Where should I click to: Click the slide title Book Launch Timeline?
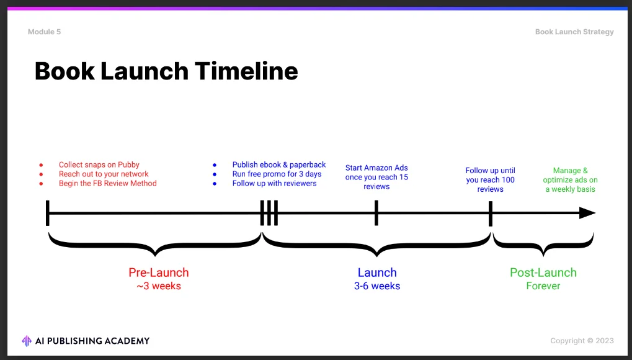tap(166, 71)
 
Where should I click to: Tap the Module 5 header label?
tap(44, 32)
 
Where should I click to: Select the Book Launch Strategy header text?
tap(574, 32)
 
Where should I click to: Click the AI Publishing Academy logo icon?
tap(27, 341)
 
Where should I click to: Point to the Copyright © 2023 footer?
tap(582, 341)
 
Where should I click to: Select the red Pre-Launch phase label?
tap(158, 272)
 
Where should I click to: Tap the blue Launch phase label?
tap(376, 272)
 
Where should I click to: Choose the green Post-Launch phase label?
tap(543, 272)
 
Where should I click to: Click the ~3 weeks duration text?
tap(158, 286)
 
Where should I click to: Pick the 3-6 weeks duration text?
tap(376, 286)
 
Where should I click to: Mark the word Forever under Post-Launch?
tap(543, 286)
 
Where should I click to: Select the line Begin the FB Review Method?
tap(107, 183)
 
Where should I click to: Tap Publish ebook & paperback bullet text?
tap(278, 164)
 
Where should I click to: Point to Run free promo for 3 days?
tap(277, 174)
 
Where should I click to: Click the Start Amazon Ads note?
tap(376, 177)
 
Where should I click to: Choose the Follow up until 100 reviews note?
tap(490, 179)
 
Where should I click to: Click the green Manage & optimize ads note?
tap(570, 179)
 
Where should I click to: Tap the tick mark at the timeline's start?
tap(47, 213)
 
